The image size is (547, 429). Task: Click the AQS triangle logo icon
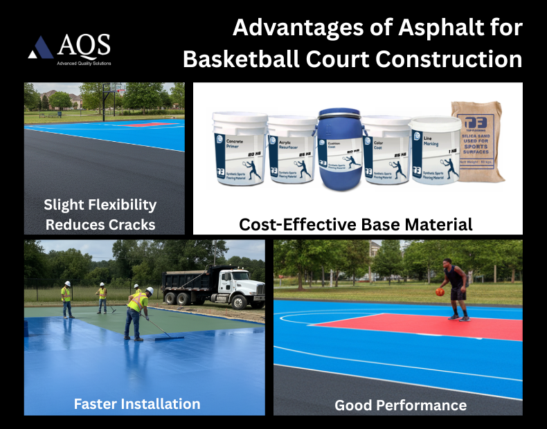pyautogui.click(x=40, y=48)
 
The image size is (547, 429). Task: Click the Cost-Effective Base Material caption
pyautogui.click(x=356, y=224)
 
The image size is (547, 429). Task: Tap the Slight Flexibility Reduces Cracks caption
pyautogui.click(x=100, y=214)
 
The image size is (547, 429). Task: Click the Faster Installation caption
pyautogui.click(x=137, y=403)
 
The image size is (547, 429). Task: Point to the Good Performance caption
pyautogui.click(x=400, y=405)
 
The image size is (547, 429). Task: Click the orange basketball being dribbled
pyautogui.click(x=439, y=292)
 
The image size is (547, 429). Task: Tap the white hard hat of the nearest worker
pyautogui.click(x=150, y=290)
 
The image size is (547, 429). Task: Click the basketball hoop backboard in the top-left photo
pyautogui.click(x=116, y=88)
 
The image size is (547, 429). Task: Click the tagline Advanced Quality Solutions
pyautogui.click(x=84, y=62)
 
